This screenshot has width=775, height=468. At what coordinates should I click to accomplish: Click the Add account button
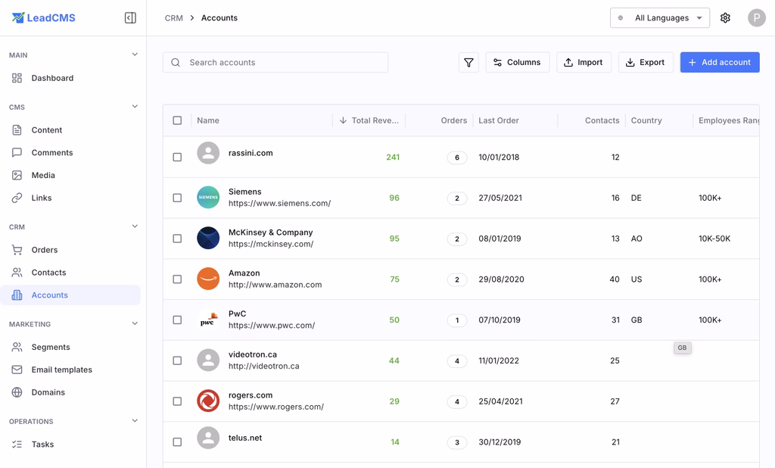(719, 62)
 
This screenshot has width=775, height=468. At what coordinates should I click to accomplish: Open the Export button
(646, 62)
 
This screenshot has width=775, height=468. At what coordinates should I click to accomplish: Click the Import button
(584, 62)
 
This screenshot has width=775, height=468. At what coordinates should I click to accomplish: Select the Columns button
(518, 62)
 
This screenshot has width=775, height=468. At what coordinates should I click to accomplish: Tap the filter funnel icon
(468, 62)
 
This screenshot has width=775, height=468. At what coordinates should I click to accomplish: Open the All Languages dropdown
(660, 17)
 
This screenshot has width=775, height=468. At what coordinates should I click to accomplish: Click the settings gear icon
(725, 17)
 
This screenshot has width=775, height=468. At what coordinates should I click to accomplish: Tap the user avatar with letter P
(756, 17)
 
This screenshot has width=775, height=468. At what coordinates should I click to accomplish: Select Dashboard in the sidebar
(52, 78)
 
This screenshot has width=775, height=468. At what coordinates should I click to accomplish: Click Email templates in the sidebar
(61, 370)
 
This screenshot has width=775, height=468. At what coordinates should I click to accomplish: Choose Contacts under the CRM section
(48, 273)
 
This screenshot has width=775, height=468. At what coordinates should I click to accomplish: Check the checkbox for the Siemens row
(177, 198)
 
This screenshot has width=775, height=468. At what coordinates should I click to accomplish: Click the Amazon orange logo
(208, 279)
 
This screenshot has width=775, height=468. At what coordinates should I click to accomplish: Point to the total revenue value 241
(392, 158)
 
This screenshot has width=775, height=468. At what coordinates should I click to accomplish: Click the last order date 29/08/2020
(501, 279)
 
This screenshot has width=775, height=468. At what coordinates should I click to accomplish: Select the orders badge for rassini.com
(456, 158)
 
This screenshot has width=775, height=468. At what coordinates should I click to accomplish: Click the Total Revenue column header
(374, 120)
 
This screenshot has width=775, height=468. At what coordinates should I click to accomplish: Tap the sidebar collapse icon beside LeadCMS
(130, 17)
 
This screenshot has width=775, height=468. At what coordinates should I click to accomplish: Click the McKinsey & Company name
(270, 232)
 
